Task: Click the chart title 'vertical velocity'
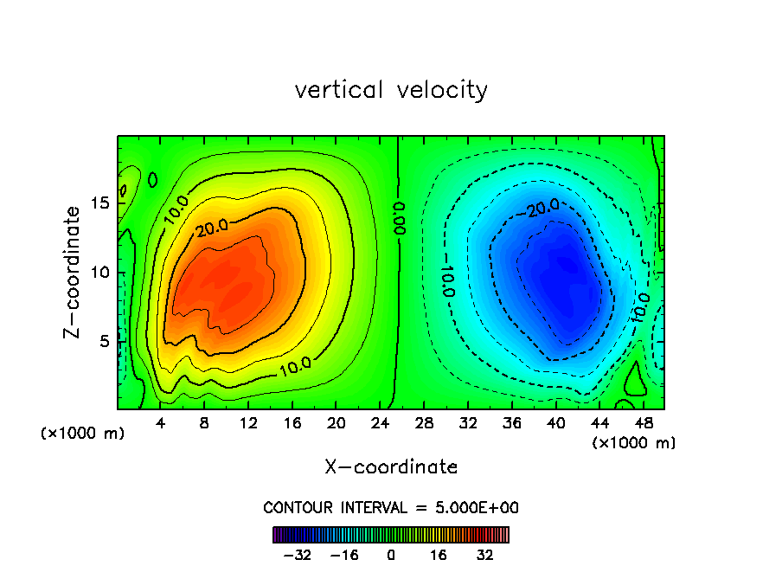click(391, 90)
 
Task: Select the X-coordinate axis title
click(391, 467)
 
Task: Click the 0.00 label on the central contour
click(399, 220)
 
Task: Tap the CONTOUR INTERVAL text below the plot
click(391, 507)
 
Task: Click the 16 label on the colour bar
click(439, 555)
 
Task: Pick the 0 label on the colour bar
click(391, 555)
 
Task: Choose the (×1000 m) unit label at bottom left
click(82, 434)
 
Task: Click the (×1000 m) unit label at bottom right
click(633, 443)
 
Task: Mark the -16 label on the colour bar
click(344, 555)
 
